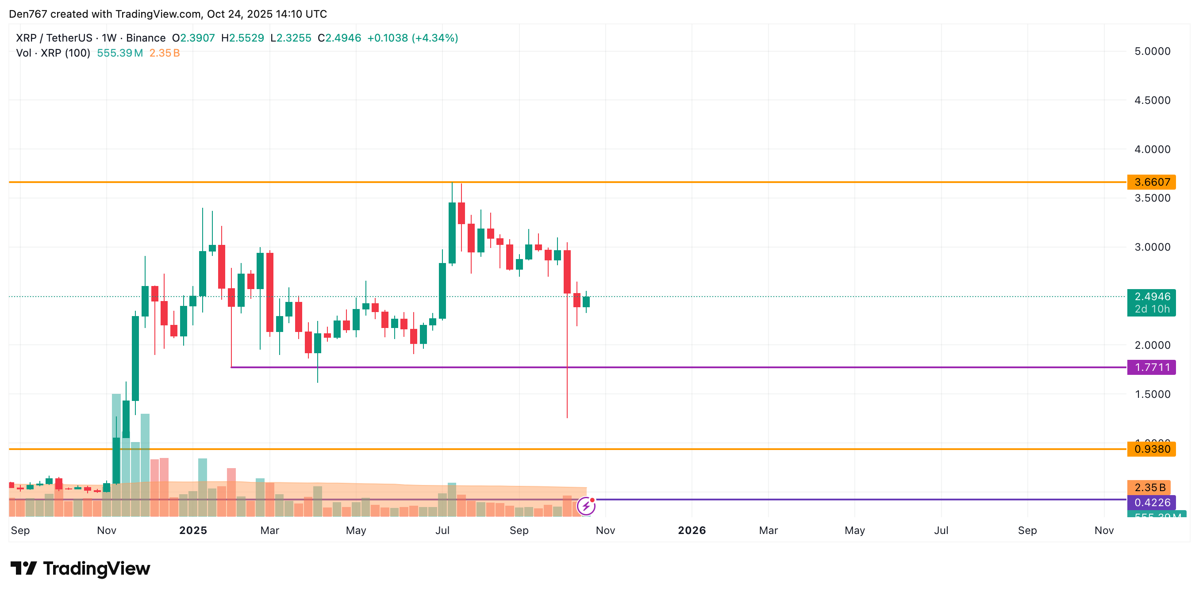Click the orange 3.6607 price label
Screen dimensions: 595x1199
(x=1151, y=182)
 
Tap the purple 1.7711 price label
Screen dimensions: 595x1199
(x=1151, y=367)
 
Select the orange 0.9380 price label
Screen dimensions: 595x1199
(x=1151, y=449)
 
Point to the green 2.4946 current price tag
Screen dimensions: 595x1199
(x=1151, y=297)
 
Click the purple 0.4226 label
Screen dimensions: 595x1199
(x=1151, y=503)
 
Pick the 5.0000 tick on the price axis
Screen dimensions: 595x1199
(x=1152, y=51)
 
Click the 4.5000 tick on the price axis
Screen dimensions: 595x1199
(x=1152, y=100)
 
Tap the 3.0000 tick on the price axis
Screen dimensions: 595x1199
(x=1152, y=247)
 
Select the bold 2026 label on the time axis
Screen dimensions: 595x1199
(x=692, y=530)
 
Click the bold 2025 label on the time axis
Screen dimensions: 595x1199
(x=193, y=530)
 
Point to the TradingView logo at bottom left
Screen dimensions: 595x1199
(x=81, y=568)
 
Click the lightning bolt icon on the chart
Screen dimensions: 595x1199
(x=586, y=506)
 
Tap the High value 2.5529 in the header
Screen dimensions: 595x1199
(x=246, y=38)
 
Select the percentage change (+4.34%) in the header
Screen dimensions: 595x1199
(x=435, y=38)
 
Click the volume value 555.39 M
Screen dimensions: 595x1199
(x=119, y=53)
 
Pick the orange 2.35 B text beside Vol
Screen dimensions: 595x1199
(x=164, y=53)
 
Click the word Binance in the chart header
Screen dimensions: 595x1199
(x=146, y=38)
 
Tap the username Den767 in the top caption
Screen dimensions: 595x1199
(x=28, y=14)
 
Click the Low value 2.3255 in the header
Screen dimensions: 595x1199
(x=294, y=38)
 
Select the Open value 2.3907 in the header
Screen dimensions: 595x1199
(x=197, y=38)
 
